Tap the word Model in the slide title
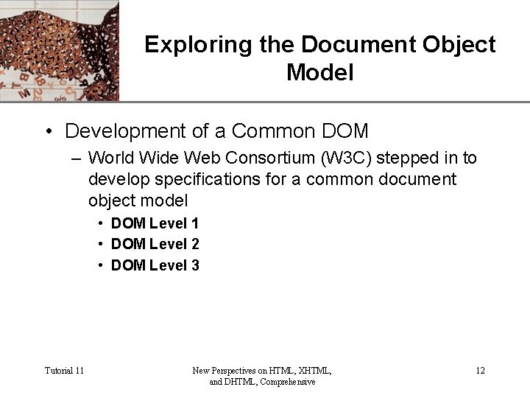320,73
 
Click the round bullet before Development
48,132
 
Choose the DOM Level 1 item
155,223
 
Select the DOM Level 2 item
155,244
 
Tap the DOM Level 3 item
155,265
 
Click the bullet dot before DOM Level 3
101,266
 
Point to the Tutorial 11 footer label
64,370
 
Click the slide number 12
480,370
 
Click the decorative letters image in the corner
59,50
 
